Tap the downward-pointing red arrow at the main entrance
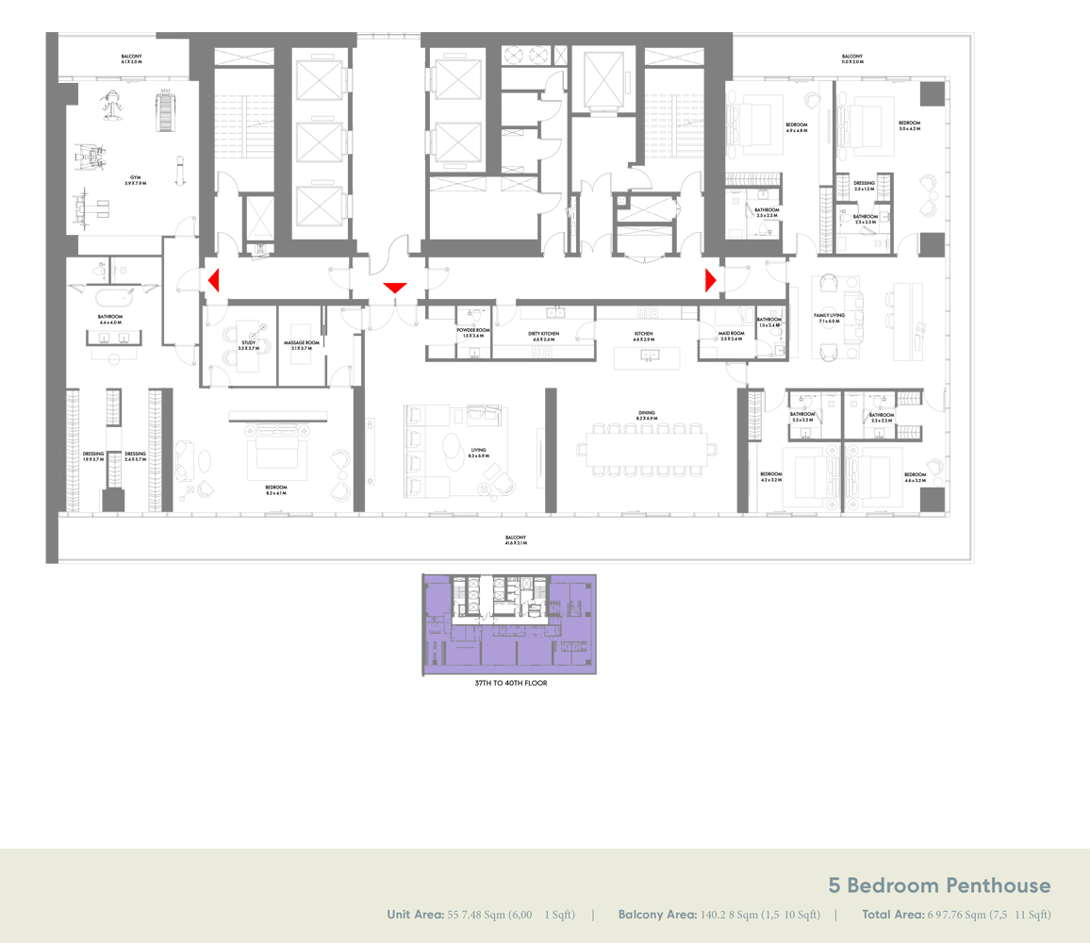tap(394, 288)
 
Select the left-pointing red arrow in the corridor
tap(214, 280)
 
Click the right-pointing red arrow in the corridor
tap(711, 280)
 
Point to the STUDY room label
tap(248, 344)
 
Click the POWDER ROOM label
tap(473, 333)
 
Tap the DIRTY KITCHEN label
tap(544, 335)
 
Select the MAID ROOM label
tap(732, 335)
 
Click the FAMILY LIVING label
tap(830, 318)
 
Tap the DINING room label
tap(646, 414)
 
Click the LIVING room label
tap(479, 451)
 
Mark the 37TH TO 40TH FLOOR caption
tap(509, 683)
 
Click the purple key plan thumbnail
tap(509, 624)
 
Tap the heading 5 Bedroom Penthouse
tap(939, 885)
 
